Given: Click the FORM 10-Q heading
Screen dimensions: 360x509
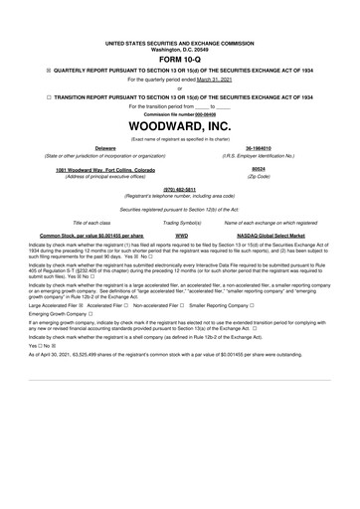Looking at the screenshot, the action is tap(179, 59).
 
